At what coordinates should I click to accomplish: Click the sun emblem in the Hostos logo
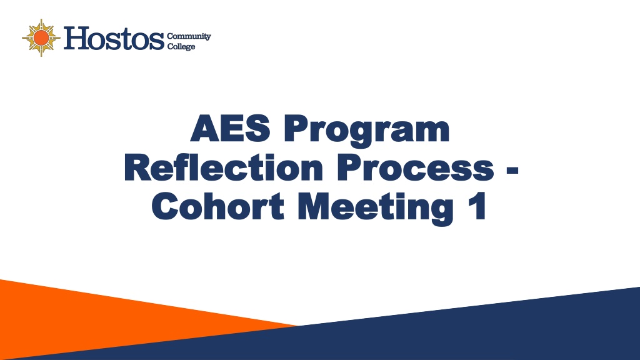point(41,38)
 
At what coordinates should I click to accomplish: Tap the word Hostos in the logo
point(114,38)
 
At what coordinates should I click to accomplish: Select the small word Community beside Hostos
point(189,36)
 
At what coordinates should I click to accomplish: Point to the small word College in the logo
point(181,46)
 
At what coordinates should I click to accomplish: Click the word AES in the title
point(231,128)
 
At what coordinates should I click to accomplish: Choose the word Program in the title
point(366,131)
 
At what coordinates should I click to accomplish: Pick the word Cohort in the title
point(218,206)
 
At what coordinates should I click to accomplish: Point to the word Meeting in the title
point(376,209)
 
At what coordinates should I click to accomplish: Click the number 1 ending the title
point(478,206)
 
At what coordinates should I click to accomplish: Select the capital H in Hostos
point(76,38)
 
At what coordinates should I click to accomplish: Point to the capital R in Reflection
point(139,167)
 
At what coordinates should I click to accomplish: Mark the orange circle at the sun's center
point(41,38)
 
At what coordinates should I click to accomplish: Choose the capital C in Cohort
point(166,206)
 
